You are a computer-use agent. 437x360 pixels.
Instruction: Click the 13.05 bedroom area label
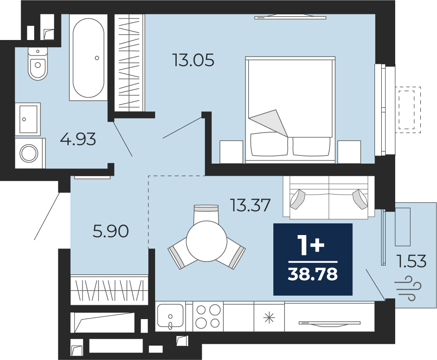point(193,60)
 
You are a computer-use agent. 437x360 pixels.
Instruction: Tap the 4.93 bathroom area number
point(78,139)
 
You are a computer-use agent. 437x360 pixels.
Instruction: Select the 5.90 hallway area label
point(111,231)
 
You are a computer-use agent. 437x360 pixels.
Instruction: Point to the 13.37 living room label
point(250,205)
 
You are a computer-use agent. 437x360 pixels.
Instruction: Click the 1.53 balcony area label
point(412,262)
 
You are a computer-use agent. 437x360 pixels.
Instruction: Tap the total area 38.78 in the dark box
point(313,274)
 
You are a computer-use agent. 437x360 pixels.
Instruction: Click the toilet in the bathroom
point(38,63)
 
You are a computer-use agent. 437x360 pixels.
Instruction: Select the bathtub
point(89,58)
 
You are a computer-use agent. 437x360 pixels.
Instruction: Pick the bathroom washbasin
point(28,119)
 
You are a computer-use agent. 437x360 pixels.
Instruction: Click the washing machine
point(30,153)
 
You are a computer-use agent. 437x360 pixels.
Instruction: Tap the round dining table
point(206,241)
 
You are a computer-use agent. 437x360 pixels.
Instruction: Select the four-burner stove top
point(208,316)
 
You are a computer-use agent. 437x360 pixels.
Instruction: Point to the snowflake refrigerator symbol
point(269,318)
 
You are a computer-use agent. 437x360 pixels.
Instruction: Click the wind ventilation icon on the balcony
point(408,288)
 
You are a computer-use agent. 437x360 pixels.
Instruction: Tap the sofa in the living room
point(329,197)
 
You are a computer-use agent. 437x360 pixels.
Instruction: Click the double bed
point(290,110)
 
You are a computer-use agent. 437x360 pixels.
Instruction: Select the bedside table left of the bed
point(232,152)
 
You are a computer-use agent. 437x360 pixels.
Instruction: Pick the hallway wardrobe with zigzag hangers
point(109,290)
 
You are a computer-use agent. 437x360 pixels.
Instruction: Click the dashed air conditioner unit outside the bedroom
point(408,110)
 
